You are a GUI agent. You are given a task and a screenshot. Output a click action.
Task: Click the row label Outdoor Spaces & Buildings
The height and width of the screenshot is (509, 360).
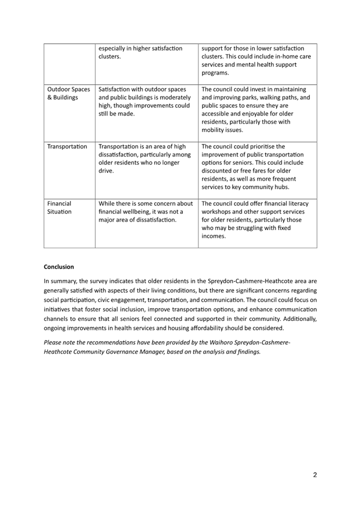(x=68, y=93)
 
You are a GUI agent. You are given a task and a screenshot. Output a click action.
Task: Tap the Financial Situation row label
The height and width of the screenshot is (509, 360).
(x=59, y=207)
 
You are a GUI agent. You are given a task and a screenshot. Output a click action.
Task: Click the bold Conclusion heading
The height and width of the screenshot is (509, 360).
(x=59, y=266)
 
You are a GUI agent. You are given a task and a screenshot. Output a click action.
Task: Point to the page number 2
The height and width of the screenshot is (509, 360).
(x=315, y=475)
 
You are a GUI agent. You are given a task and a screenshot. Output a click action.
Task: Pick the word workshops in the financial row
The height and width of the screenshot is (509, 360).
(x=217, y=212)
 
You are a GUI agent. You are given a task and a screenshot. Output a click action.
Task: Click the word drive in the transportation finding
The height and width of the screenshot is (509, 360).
(x=106, y=171)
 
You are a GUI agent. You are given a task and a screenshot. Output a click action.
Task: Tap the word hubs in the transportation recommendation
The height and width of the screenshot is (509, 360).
(x=279, y=187)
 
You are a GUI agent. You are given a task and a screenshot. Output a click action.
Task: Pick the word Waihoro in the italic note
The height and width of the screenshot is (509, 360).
(x=222, y=344)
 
